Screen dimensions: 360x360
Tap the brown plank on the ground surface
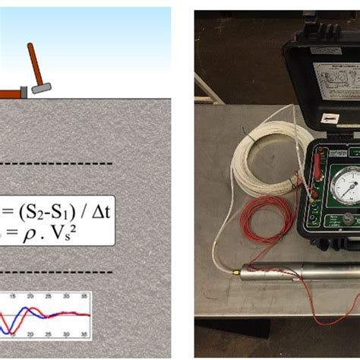(10, 93)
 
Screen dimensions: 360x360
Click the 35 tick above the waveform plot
(84, 296)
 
